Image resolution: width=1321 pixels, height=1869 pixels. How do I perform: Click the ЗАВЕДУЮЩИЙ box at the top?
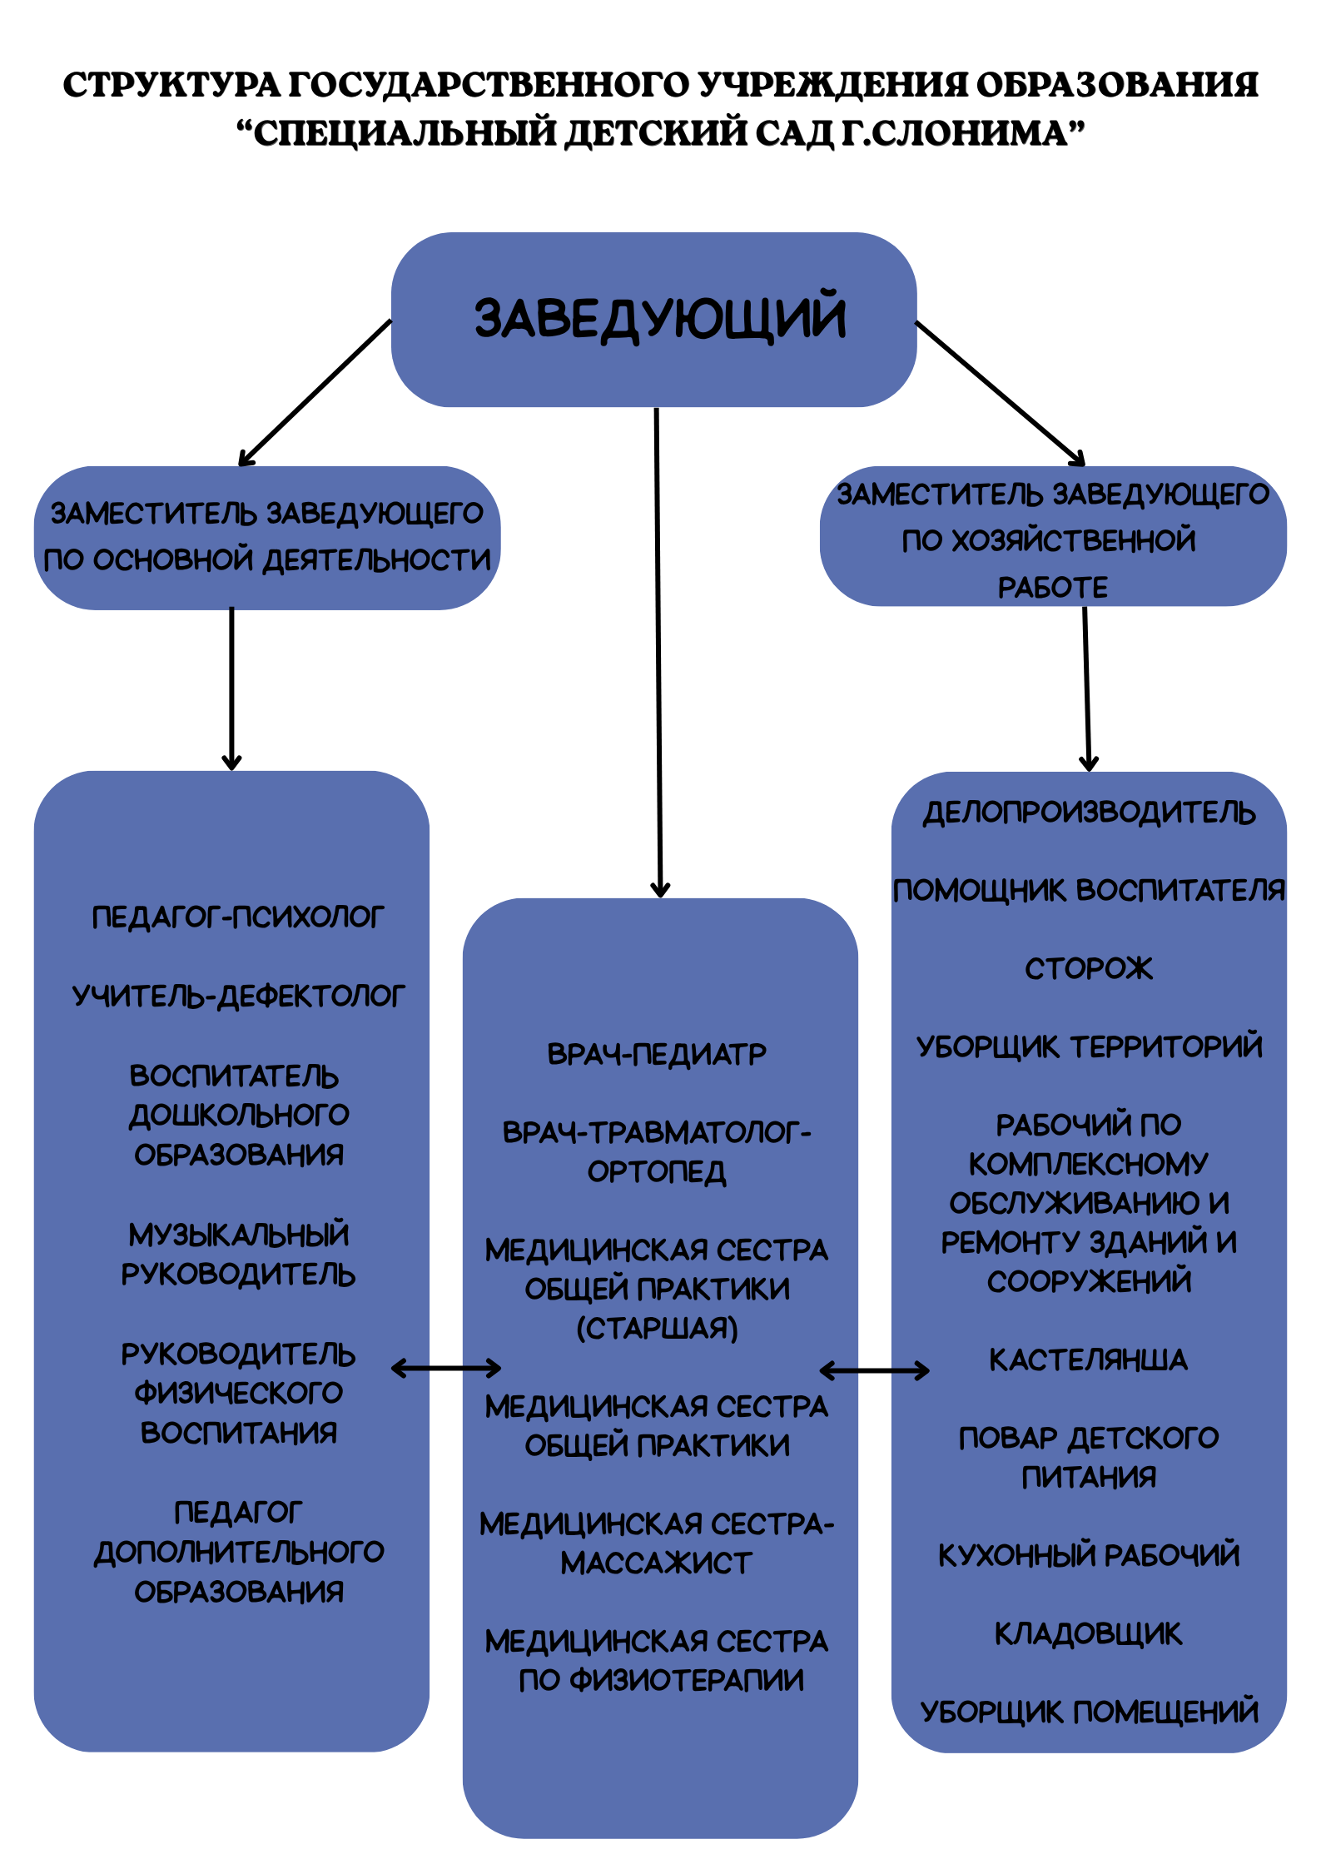[653, 319]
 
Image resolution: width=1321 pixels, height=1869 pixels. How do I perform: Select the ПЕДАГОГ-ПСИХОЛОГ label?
[238, 917]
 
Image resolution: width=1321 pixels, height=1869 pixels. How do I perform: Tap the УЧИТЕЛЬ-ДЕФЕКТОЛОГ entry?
[238, 996]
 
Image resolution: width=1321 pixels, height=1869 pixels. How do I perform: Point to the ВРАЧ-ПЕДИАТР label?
[657, 1054]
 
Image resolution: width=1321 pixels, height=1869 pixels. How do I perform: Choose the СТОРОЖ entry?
[1088, 968]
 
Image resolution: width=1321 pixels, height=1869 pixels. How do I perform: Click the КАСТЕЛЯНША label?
[1088, 1359]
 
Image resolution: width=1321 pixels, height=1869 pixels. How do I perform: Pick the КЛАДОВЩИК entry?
[1088, 1633]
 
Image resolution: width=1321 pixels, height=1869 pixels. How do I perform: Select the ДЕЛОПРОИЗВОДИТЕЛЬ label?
[1089, 813]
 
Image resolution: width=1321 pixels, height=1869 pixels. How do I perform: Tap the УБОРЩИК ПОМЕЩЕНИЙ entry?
[1089, 1712]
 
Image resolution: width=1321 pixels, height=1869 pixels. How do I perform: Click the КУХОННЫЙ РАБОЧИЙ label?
[1089, 1555]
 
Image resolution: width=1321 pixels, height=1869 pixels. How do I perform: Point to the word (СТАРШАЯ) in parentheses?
[657, 1328]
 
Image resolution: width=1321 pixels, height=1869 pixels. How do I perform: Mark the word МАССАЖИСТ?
[657, 1563]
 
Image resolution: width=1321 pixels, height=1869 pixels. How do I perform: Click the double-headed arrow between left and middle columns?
[446, 1368]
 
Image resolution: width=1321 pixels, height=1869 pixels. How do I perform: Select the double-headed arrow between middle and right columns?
[874, 1370]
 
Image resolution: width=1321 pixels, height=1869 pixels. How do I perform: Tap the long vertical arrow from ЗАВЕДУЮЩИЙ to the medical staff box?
[658, 649]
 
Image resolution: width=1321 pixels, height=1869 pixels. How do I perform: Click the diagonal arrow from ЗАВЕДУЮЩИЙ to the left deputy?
[315, 393]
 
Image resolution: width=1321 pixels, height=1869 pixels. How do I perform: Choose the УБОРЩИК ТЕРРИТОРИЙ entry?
[1089, 1046]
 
